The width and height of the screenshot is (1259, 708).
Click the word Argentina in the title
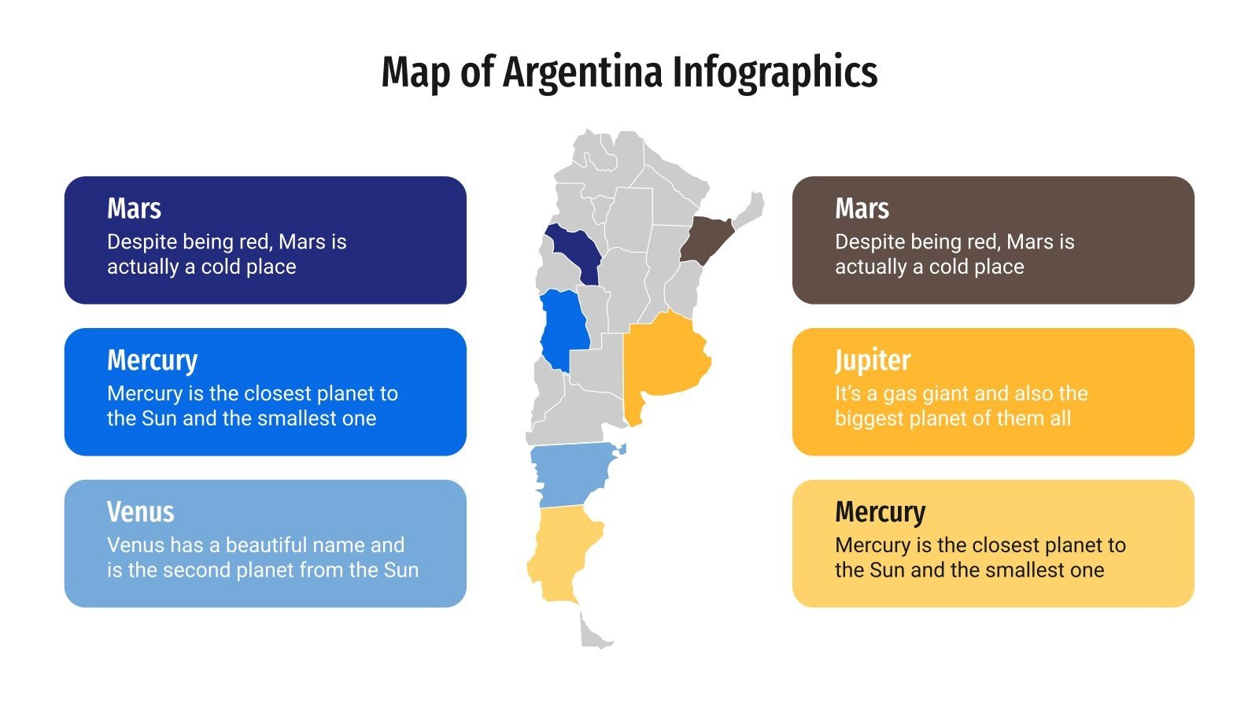point(582,72)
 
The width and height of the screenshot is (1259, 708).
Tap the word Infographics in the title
point(774,72)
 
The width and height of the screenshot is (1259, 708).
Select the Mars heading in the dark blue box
point(134,208)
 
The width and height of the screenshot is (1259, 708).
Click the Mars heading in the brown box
point(862,208)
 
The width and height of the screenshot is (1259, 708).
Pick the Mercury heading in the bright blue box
point(152,360)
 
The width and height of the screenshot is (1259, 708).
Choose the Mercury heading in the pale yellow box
point(880,512)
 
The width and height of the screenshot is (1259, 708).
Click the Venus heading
point(140,512)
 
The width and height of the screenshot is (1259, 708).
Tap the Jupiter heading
point(872,360)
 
